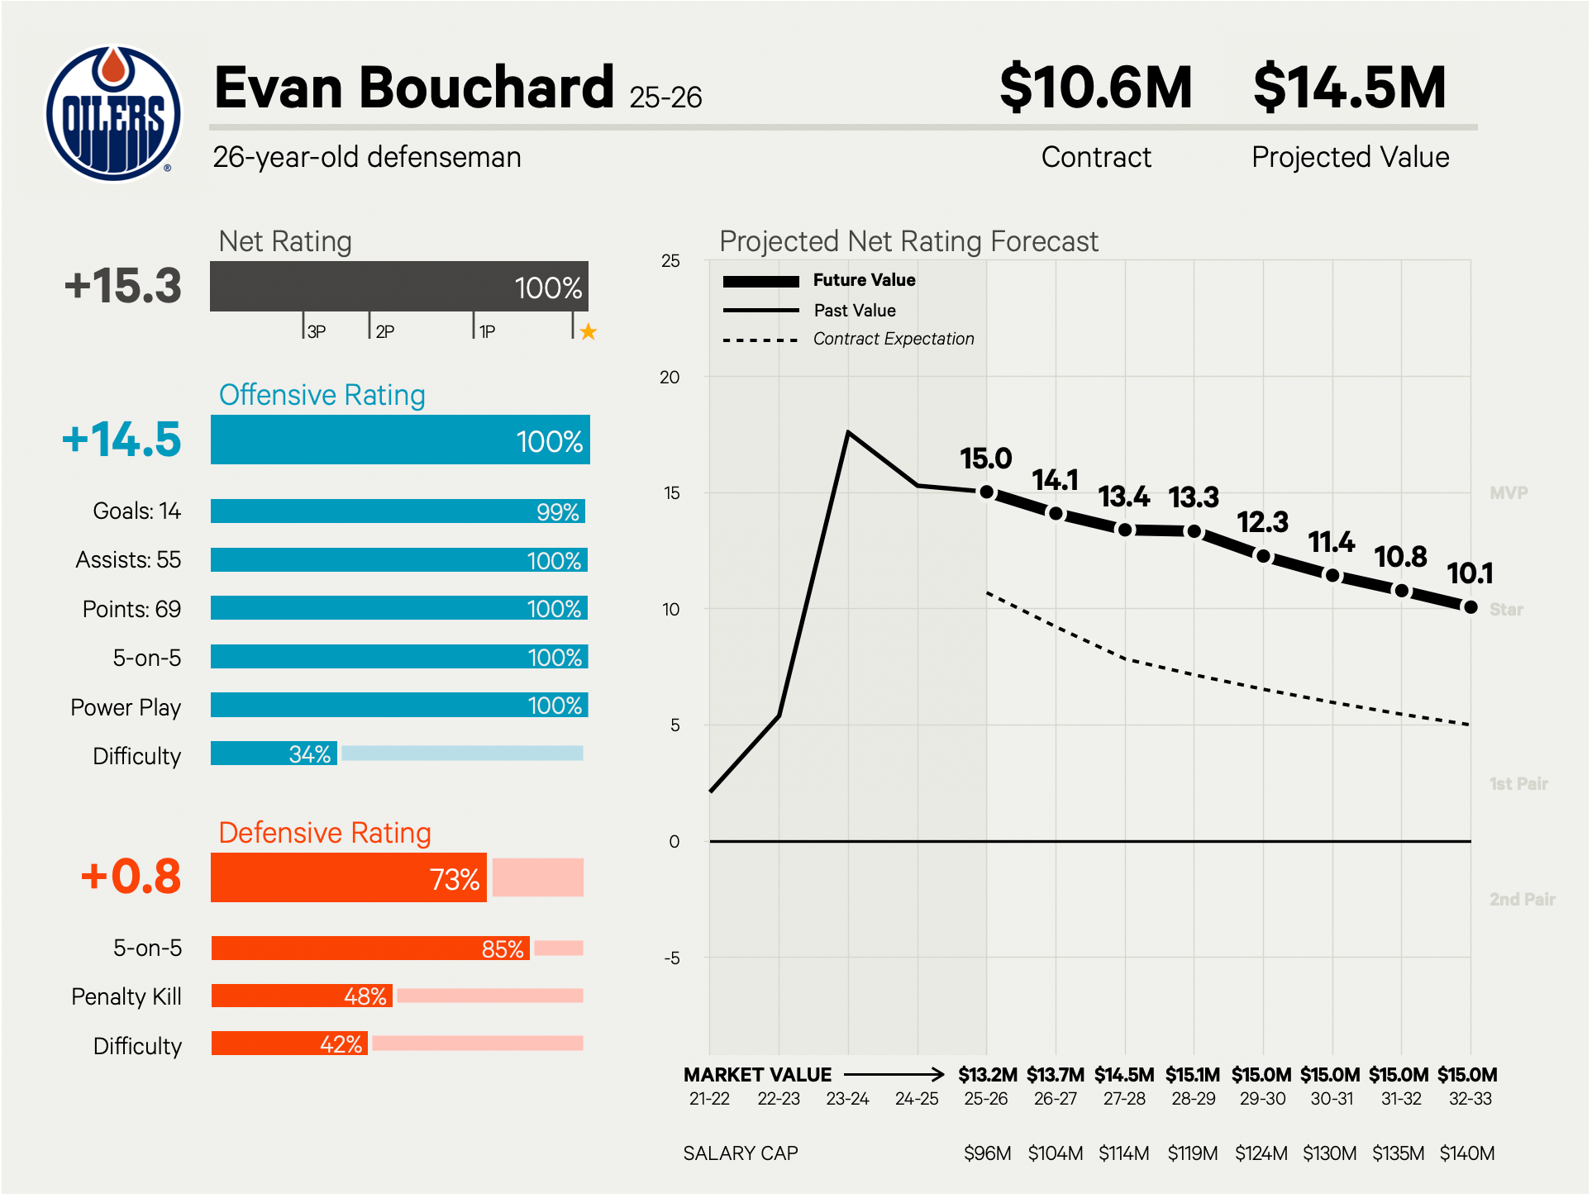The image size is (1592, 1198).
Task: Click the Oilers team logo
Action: [x=113, y=113]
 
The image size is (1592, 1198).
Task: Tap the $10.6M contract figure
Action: [x=1095, y=88]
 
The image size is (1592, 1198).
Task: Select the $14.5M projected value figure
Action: [x=1349, y=88]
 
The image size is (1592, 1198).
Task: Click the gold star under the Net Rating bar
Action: [x=588, y=332]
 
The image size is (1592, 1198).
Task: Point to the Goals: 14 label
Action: [x=136, y=511]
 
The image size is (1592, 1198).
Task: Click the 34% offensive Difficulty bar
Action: [x=274, y=754]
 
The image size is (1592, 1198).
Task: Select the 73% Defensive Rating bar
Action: [x=348, y=877]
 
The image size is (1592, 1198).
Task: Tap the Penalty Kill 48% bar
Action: [x=302, y=996]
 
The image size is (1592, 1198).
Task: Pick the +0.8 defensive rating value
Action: [x=131, y=877]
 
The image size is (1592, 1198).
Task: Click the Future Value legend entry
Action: [x=864, y=280]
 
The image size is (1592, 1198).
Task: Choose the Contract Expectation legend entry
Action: [x=893, y=339]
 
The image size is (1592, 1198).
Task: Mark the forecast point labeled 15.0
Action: [x=986, y=492]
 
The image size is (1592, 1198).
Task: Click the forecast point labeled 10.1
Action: [x=1470, y=607]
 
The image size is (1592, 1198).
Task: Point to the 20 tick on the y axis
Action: [x=670, y=378]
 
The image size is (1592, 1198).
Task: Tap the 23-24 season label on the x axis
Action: [x=847, y=1099]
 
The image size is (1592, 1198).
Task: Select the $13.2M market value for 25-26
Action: [x=987, y=1075]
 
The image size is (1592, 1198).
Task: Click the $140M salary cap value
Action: [x=1467, y=1153]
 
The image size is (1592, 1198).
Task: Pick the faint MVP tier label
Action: [x=1509, y=493]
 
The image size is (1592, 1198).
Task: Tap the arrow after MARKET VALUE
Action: [x=894, y=1074]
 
